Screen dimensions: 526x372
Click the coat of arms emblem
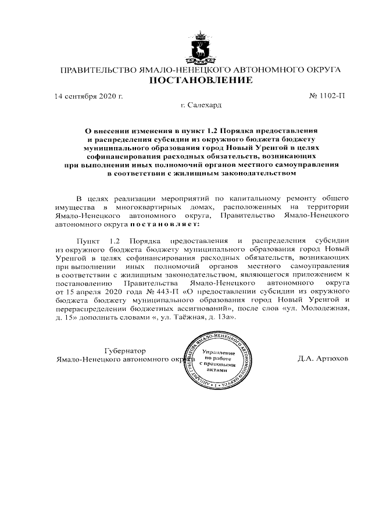[201, 49]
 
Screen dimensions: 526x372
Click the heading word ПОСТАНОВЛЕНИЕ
[201, 80]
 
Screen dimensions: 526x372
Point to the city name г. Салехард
[201, 105]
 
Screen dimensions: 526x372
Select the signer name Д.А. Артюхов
[323, 358]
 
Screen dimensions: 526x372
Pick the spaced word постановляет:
[164, 223]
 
